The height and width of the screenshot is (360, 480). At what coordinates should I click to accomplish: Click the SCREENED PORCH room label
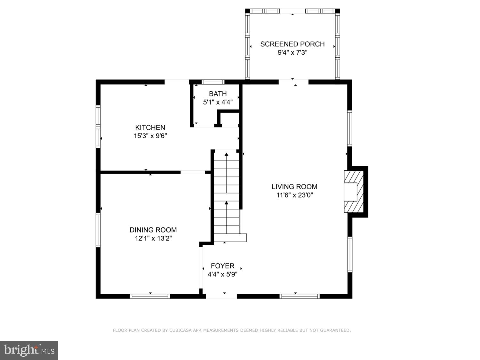292,44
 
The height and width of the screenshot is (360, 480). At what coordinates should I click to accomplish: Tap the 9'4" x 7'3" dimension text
292,53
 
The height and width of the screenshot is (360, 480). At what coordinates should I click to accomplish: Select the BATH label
218,94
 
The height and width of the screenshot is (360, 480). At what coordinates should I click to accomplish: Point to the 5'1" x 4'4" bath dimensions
218,102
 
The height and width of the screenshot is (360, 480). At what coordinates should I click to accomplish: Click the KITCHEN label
150,127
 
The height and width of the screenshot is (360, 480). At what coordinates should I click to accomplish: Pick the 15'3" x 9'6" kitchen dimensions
150,136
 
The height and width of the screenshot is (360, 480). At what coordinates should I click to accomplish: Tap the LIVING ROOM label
294,187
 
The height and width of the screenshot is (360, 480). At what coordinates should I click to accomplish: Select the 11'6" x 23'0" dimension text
294,195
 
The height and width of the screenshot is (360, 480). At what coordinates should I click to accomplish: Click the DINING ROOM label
153,230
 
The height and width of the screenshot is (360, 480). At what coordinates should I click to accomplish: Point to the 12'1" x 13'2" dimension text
153,238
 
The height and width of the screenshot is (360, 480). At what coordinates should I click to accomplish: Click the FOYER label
222,266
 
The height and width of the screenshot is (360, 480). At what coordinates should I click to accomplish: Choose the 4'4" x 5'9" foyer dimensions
222,274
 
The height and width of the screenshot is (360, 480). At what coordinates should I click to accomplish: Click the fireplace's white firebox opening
350,192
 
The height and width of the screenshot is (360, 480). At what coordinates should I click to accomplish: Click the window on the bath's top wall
213,82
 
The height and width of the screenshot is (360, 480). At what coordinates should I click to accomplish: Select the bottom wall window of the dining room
150,296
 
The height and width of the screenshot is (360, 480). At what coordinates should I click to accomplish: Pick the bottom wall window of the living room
300,296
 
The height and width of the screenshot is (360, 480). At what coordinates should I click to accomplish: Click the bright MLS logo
29,350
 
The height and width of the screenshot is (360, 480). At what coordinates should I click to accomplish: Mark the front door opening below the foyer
221,296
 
